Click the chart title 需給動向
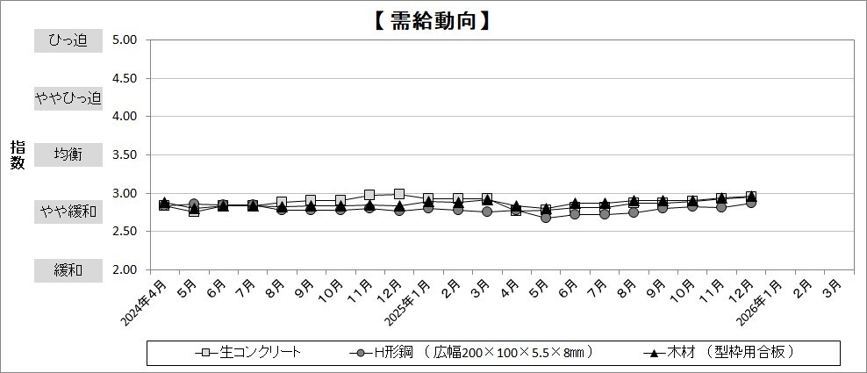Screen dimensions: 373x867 [x=433, y=18]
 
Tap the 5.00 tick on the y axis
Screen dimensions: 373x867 [x=125, y=39]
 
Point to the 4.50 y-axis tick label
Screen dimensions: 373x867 [x=125, y=78]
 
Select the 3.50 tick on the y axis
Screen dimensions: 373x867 [x=125, y=154]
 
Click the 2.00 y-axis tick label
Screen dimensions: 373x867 [x=125, y=270]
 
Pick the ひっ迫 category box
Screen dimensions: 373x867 [x=68, y=39]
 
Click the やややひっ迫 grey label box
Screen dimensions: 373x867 [x=68, y=97]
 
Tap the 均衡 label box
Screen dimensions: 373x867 [x=68, y=154]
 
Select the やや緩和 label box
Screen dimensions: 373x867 [x=68, y=212]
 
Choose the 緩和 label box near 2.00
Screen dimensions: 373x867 [x=68, y=270]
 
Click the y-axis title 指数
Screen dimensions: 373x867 [x=18, y=154]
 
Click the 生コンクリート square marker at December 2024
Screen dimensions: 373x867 [x=399, y=194]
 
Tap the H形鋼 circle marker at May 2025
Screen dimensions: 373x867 [x=546, y=218]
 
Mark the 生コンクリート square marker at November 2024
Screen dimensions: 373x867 [x=369, y=195]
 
